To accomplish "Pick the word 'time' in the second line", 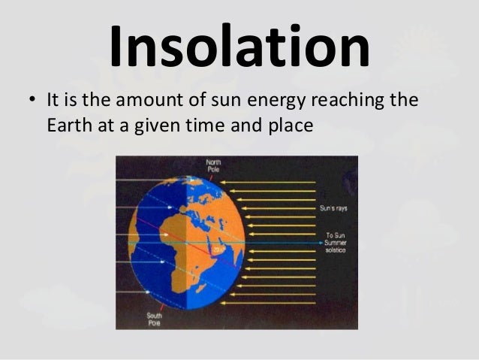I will click(x=202, y=125).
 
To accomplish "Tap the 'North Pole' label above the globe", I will click(x=215, y=165).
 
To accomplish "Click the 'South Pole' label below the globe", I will click(x=155, y=319).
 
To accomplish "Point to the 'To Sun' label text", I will click(x=334, y=235).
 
